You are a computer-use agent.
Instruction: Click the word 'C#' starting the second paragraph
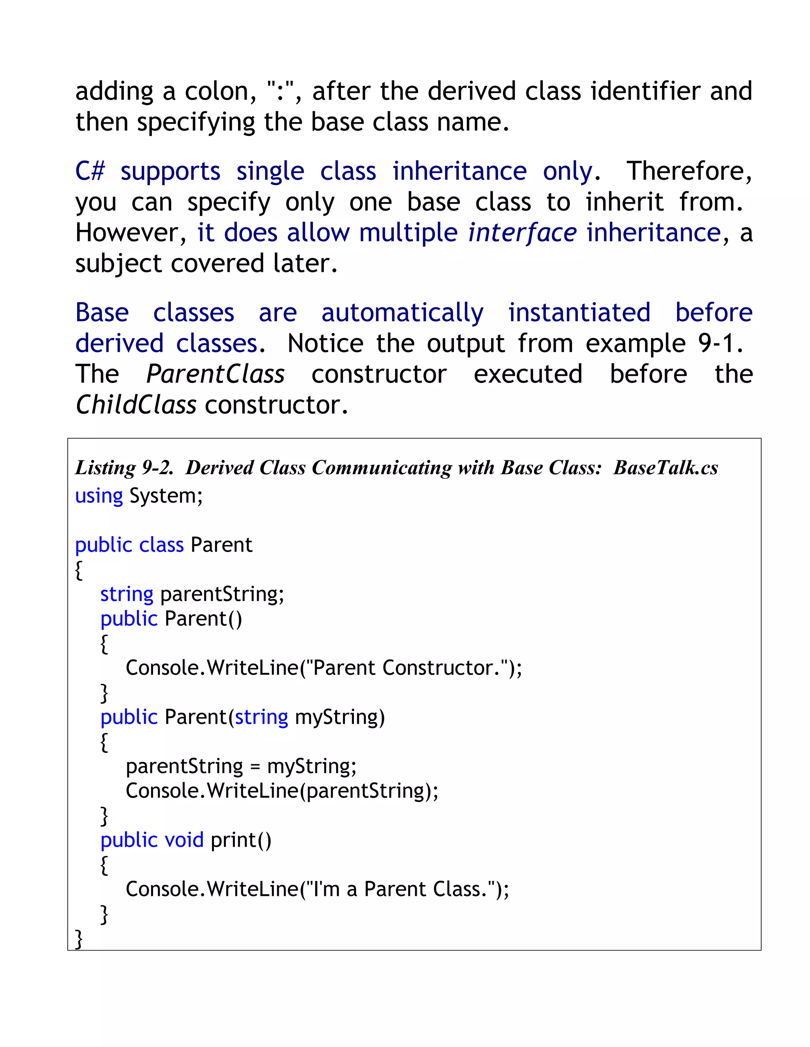(x=90, y=171)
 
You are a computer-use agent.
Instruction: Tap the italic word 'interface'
(x=522, y=233)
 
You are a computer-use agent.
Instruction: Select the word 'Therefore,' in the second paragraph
(x=689, y=171)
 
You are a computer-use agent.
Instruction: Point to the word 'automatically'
(x=402, y=313)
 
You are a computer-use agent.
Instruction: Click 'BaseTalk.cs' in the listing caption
(x=666, y=468)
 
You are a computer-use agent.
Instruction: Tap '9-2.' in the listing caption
(x=157, y=468)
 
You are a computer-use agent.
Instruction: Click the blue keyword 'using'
(x=99, y=496)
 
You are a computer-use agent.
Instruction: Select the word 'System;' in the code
(x=166, y=496)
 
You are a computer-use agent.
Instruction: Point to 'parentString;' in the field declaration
(x=222, y=595)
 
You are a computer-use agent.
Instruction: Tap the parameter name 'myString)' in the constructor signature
(x=340, y=717)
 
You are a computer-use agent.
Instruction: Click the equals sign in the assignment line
(x=255, y=766)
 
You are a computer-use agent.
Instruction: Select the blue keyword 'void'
(x=184, y=840)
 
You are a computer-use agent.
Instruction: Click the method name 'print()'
(x=241, y=840)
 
